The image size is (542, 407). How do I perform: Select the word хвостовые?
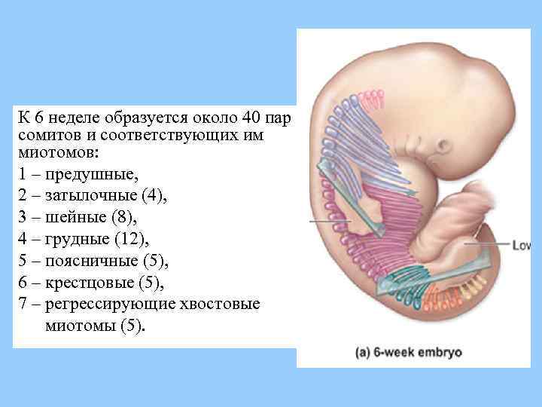point(224,305)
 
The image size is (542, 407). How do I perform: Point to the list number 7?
point(23,305)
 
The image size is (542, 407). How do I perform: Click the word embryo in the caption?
point(440,352)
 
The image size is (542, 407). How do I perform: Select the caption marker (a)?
point(364,351)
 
